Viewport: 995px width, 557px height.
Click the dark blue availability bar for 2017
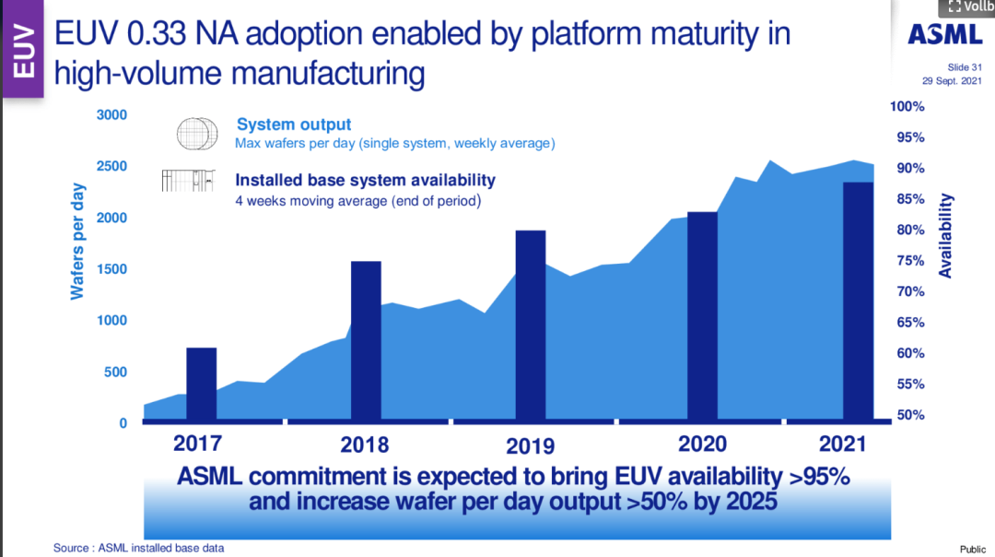coord(202,385)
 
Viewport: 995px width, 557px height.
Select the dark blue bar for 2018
coord(367,341)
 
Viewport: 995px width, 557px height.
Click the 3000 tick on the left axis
coord(111,115)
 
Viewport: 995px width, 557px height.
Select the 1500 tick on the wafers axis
coord(111,269)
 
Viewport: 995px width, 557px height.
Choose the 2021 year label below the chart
coord(843,444)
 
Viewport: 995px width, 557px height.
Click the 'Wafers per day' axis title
coord(78,242)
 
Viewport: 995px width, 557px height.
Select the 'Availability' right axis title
coord(946,236)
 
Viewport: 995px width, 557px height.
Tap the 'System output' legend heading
coord(294,124)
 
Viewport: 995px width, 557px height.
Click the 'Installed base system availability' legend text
coord(365,180)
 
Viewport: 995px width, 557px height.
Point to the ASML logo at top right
coord(944,34)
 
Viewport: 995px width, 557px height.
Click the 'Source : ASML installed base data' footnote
coord(138,548)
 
